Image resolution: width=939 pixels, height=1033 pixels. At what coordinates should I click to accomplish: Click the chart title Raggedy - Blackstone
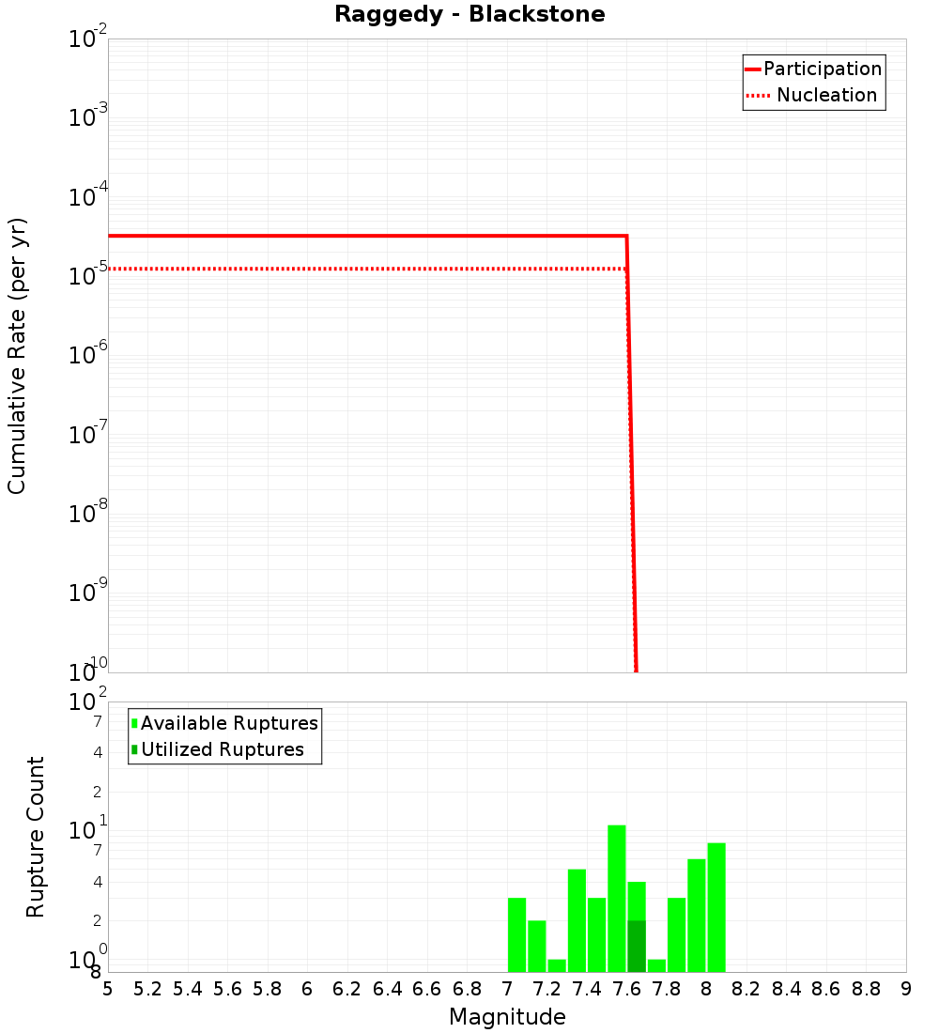click(x=469, y=14)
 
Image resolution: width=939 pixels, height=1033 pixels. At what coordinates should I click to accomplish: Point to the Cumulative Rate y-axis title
click(x=17, y=356)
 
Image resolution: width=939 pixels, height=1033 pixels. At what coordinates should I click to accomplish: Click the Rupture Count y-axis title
click(x=36, y=837)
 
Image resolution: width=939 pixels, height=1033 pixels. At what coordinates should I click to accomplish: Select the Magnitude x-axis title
click(x=507, y=1017)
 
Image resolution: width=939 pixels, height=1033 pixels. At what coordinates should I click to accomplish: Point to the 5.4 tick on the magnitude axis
click(x=188, y=989)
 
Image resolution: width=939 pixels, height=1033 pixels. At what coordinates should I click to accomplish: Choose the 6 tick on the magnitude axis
click(x=307, y=989)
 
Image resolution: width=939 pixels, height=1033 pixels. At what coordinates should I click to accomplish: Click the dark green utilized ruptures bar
click(x=637, y=947)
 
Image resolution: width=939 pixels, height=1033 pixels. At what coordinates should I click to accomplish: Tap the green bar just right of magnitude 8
click(x=716, y=907)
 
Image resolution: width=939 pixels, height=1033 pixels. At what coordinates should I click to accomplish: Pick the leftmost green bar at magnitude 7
click(x=516, y=934)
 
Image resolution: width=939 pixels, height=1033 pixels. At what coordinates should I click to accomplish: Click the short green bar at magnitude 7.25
click(x=557, y=965)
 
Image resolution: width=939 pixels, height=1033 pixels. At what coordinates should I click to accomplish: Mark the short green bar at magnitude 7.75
click(x=656, y=965)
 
